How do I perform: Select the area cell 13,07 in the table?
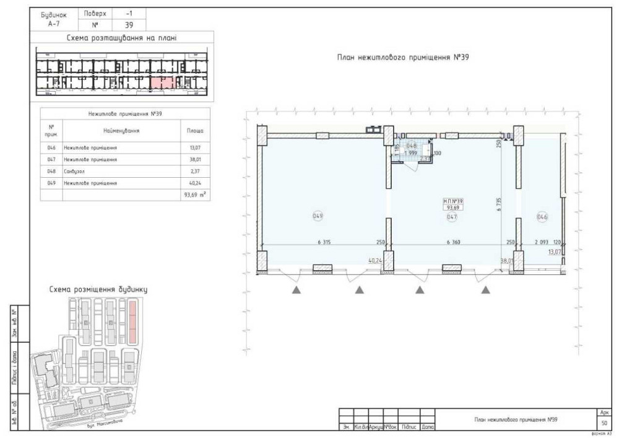click(194, 148)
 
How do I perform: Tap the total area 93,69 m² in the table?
click(194, 195)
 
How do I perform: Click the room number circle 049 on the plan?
click(318, 216)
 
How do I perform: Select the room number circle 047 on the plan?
click(452, 217)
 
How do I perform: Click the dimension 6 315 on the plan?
click(324, 242)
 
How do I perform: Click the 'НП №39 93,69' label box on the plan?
click(453, 204)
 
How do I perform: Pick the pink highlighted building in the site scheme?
click(132, 322)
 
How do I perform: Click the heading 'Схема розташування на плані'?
click(123, 38)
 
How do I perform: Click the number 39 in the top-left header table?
click(129, 25)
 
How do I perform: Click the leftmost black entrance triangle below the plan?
click(297, 289)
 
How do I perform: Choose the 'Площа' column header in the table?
click(194, 131)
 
